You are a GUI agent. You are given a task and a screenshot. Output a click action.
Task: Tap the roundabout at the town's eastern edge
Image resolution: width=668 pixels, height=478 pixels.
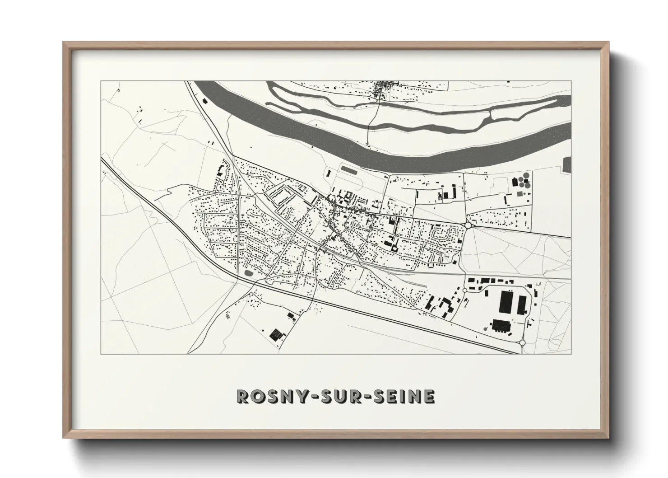468,225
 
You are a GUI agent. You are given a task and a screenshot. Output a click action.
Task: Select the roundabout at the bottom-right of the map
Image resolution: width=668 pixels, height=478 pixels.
522,343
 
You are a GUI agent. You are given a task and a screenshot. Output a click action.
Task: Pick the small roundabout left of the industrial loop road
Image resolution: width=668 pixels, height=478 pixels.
464,290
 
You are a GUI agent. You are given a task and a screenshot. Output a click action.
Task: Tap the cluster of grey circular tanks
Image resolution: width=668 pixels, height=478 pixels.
522,182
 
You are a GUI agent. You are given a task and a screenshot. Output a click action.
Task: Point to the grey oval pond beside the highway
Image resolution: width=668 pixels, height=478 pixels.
248,273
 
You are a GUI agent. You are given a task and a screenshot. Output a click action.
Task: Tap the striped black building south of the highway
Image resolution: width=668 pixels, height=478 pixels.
275,334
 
